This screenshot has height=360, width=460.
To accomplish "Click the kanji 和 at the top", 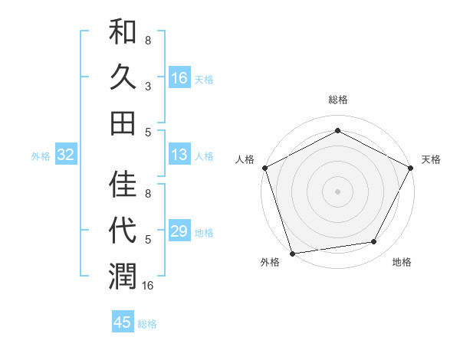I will pos(123,34).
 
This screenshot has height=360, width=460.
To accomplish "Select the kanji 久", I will pos(123,78).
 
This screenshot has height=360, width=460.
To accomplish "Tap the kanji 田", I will pos(123,123).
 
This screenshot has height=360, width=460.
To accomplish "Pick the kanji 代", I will pos(123,229).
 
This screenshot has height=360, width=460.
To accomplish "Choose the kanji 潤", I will pos(123,274).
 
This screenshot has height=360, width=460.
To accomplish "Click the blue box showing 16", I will pos(179,78).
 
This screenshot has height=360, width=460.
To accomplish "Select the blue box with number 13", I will pos(179,155).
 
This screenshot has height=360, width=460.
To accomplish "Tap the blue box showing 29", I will pos(179,232).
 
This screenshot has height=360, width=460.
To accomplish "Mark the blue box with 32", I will pos(66,155).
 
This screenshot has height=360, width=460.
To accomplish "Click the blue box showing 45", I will pos(123,322).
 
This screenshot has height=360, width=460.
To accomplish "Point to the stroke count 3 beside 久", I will pos(148,87).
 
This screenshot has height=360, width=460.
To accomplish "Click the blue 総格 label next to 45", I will pos(147,324).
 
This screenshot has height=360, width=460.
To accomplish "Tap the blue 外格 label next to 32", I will pos(41,156).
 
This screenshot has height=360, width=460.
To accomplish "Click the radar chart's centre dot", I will pos(337,191).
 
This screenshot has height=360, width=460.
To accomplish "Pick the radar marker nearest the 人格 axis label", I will pos(264,167).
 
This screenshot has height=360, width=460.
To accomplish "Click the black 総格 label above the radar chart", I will pos(337,100).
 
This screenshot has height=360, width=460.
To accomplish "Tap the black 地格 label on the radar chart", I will pos(402,262).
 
